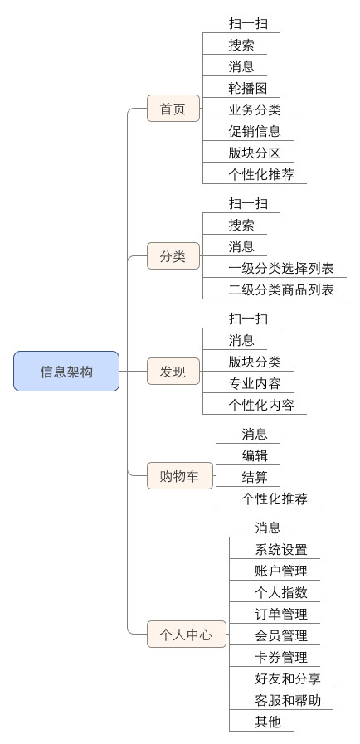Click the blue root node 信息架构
coord(66,371)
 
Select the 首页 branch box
coord(173,109)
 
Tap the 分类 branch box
coord(173,256)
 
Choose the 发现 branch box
coord(173,372)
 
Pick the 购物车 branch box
coord(180,475)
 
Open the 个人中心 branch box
coord(187,634)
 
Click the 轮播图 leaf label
coord(247,88)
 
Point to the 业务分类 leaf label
coord(255,109)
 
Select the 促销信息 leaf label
coord(255,131)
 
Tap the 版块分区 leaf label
coord(255,153)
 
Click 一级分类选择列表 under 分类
coord(281,269)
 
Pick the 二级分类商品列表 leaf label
coord(281,290)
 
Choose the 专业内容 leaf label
coord(255,383)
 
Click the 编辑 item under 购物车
coord(255,456)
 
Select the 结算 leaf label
coord(255,477)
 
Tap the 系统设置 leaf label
coord(281,549)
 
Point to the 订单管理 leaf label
coord(281,614)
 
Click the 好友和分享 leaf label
coord(288,678)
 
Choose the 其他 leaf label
coord(268,722)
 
